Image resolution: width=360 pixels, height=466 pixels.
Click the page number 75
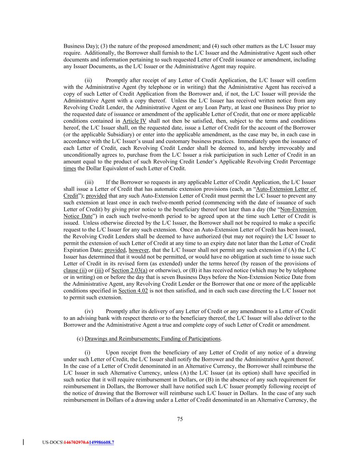pyautogui.click(x=180, y=419)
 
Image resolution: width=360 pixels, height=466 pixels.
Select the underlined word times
pyautogui.click(x=70, y=168)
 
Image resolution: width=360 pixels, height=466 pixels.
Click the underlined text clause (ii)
pyautogui.click(x=75, y=270)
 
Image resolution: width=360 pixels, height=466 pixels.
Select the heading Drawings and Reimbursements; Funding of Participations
pyautogui.click(x=153, y=339)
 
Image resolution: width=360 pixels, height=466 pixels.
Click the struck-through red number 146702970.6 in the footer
pyautogui.click(x=76, y=443)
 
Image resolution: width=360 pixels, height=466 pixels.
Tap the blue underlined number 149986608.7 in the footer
pyautogui.click(x=101, y=443)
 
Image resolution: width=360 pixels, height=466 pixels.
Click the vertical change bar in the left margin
pyautogui.click(x=23, y=442)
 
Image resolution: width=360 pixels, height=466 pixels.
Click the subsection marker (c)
pyautogui.click(x=80, y=339)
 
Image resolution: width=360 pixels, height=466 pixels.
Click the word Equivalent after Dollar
pyautogui.click(x=106, y=168)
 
